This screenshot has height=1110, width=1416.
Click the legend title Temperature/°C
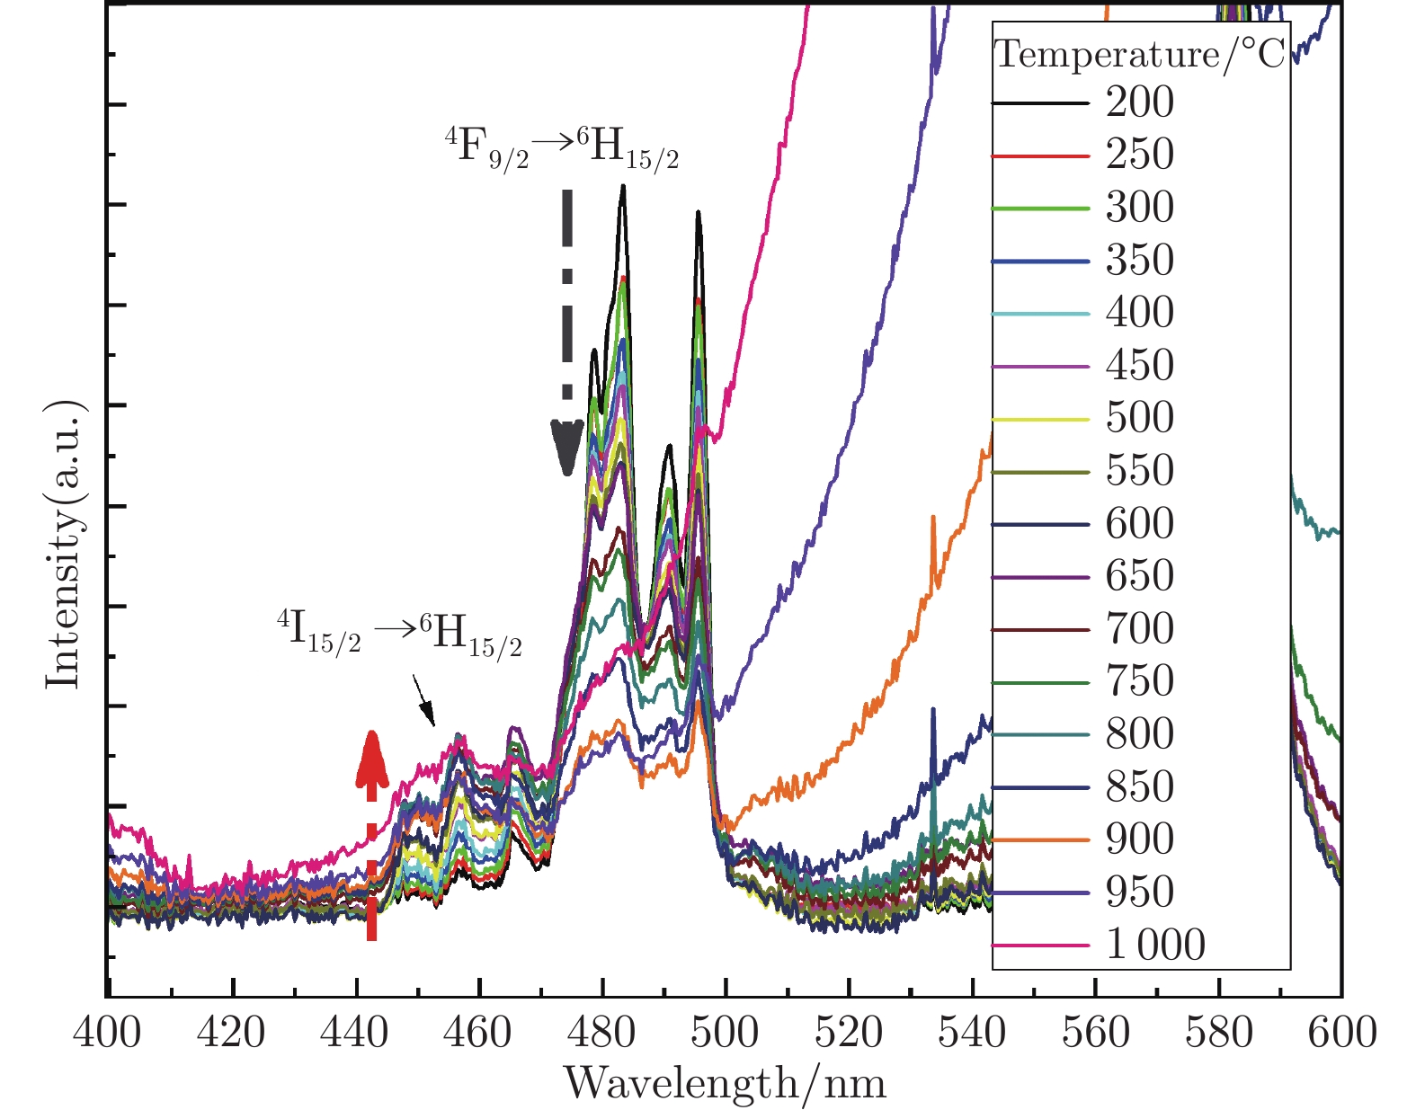pyautogui.click(x=1140, y=55)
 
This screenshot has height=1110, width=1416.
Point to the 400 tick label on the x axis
pyautogui.click(x=108, y=1033)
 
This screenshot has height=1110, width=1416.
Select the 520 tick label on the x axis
pyautogui.click(x=849, y=1033)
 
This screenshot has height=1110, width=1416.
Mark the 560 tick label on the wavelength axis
pyautogui.click(x=1095, y=1033)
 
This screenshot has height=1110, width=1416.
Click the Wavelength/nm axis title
pyautogui.click(x=725, y=1083)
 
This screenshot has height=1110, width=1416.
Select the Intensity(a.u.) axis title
pyautogui.click(x=64, y=546)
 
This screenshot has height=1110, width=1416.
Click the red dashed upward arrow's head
pyautogui.click(x=371, y=753)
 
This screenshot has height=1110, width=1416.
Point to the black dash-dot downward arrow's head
pyautogui.click(x=566, y=449)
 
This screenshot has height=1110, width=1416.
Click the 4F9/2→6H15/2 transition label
pyautogui.click(x=562, y=147)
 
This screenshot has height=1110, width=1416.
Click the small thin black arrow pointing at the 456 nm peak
pyautogui.click(x=424, y=701)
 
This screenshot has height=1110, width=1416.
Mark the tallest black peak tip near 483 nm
pyautogui.click(x=622, y=187)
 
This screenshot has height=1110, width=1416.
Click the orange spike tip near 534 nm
pyautogui.click(x=933, y=517)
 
